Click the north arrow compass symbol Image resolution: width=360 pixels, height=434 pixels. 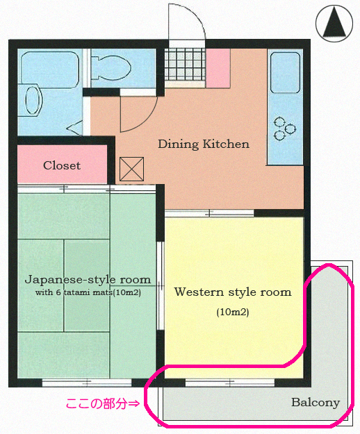pyautogui.click(x=334, y=23)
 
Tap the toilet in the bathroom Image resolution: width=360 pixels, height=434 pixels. pyautogui.click(x=111, y=68)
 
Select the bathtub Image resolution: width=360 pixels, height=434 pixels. pyautogui.click(x=50, y=69)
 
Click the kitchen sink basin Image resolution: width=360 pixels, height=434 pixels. pyautogui.click(x=285, y=73)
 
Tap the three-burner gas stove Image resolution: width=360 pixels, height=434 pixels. pyautogui.click(x=285, y=128)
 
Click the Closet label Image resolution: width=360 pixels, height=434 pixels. pyautogui.click(x=62, y=165)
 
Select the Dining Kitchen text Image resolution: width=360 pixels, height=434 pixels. pyautogui.click(x=204, y=144)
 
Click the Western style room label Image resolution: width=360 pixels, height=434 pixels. pyautogui.click(x=233, y=292)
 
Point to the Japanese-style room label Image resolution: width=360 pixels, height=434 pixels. pyautogui.click(x=88, y=280)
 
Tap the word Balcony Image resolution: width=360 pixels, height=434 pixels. pyautogui.click(x=316, y=403)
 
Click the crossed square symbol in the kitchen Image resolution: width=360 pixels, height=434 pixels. pyautogui.click(x=131, y=169)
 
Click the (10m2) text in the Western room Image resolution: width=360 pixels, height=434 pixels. pyautogui.click(x=233, y=312)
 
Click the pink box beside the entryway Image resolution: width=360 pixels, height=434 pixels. pyautogui.click(x=218, y=68)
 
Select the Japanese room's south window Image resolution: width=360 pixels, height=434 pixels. pyautogui.click(x=87, y=383)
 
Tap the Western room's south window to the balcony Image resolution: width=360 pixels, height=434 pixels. pyautogui.click(x=230, y=383)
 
